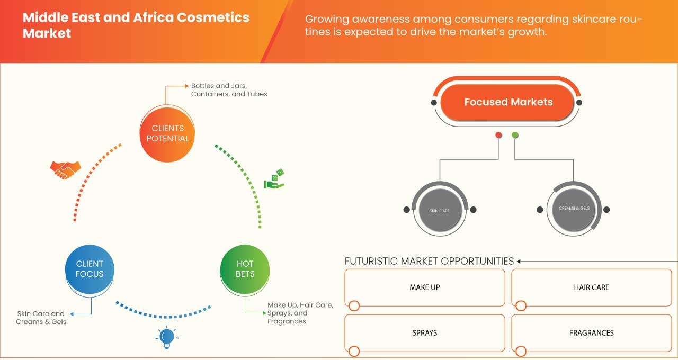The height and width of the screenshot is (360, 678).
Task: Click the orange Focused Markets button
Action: [507, 102]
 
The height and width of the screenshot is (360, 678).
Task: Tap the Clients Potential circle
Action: [167, 133]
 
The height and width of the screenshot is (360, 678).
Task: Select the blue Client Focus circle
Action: [90, 269]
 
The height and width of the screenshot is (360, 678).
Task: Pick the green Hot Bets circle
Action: [245, 269]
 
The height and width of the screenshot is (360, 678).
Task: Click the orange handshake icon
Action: [65, 169]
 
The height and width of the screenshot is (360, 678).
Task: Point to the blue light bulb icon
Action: [166, 337]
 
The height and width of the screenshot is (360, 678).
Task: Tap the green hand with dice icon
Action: [274, 179]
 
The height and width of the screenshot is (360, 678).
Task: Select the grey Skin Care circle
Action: [440, 210]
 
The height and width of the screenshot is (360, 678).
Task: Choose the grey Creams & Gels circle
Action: [574, 209]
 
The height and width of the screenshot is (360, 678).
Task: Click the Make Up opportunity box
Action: [425, 287]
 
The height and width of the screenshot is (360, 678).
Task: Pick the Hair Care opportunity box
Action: [591, 287]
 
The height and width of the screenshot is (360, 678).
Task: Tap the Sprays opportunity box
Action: [425, 333]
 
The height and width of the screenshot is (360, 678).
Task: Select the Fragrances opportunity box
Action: [591, 333]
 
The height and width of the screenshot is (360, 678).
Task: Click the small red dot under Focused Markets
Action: [498, 136]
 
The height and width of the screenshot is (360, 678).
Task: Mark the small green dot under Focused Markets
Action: [515, 136]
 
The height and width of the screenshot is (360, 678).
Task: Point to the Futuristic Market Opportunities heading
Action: [429, 261]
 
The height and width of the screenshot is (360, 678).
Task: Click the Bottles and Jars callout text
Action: [229, 89]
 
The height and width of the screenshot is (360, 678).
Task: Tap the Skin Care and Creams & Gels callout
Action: [41, 318]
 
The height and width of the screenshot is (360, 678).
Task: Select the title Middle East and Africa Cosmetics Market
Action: [136, 25]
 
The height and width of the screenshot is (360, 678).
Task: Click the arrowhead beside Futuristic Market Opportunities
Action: [519, 261]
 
